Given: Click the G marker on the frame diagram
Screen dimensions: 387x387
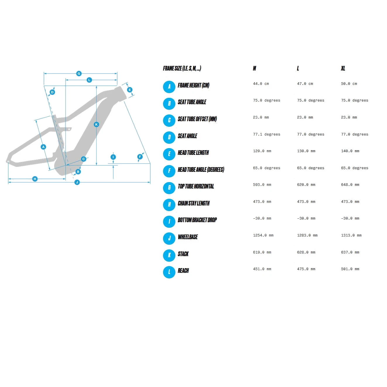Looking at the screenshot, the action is coord(79,73).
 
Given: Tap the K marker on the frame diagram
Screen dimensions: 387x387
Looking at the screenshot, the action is coord(96,124).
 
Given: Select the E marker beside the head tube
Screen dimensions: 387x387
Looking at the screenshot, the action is coord(130,90).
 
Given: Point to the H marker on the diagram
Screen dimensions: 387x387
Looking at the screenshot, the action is coord(35,179).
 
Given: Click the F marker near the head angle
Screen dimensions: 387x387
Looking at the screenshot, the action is coord(140,157).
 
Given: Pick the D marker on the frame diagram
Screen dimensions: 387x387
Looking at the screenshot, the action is coord(52,92).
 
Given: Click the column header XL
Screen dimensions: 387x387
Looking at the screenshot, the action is coord(343,69).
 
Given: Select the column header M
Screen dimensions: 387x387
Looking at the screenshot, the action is coord(254,69).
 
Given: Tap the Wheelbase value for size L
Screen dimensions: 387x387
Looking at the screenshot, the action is coord(307,235).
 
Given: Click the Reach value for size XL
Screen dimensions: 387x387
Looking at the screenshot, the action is coord(350,269).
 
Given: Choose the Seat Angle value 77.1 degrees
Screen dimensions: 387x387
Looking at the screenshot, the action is coord(266,134).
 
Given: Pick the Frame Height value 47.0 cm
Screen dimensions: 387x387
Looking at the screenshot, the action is coord(305,84).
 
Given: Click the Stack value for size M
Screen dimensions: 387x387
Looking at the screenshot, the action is coord(262,252).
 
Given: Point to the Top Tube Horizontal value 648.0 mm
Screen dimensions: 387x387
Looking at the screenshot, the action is coord(350,185).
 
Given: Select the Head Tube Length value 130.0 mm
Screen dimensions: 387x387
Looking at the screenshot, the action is coord(306,151).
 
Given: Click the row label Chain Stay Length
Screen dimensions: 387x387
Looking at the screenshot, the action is coord(193,203).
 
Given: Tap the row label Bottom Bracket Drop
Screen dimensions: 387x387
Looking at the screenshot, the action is coord(197,220).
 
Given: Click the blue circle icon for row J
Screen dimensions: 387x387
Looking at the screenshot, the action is coord(169,238).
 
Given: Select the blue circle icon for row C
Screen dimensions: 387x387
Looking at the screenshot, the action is coord(169,120).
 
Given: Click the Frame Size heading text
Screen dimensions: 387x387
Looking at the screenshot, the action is coord(182,69).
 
